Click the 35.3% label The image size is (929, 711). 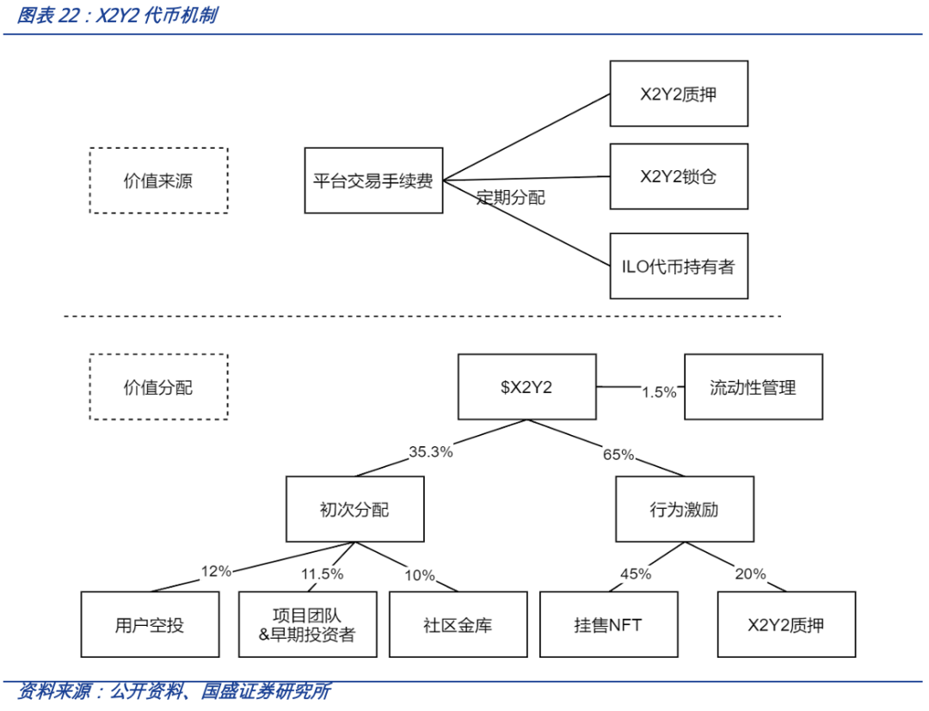click(x=431, y=451)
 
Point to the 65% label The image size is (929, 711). click(x=618, y=455)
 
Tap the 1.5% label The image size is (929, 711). click(x=660, y=392)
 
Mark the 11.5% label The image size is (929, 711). click(x=323, y=573)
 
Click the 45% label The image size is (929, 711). click(x=636, y=573)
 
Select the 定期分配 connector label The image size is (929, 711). click(x=511, y=198)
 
